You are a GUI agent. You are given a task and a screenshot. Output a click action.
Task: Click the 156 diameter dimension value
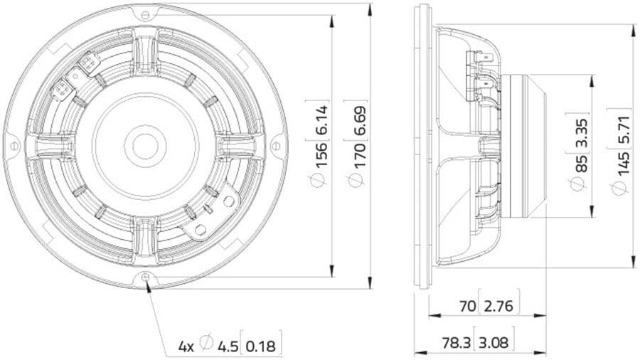[321, 154]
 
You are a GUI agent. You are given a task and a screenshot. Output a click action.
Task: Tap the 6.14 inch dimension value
[321, 120]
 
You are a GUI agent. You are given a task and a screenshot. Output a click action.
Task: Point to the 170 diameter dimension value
[360, 155]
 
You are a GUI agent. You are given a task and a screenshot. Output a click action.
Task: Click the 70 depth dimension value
[468, 306]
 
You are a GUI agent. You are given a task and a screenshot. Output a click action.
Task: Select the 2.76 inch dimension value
[498, 306]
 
